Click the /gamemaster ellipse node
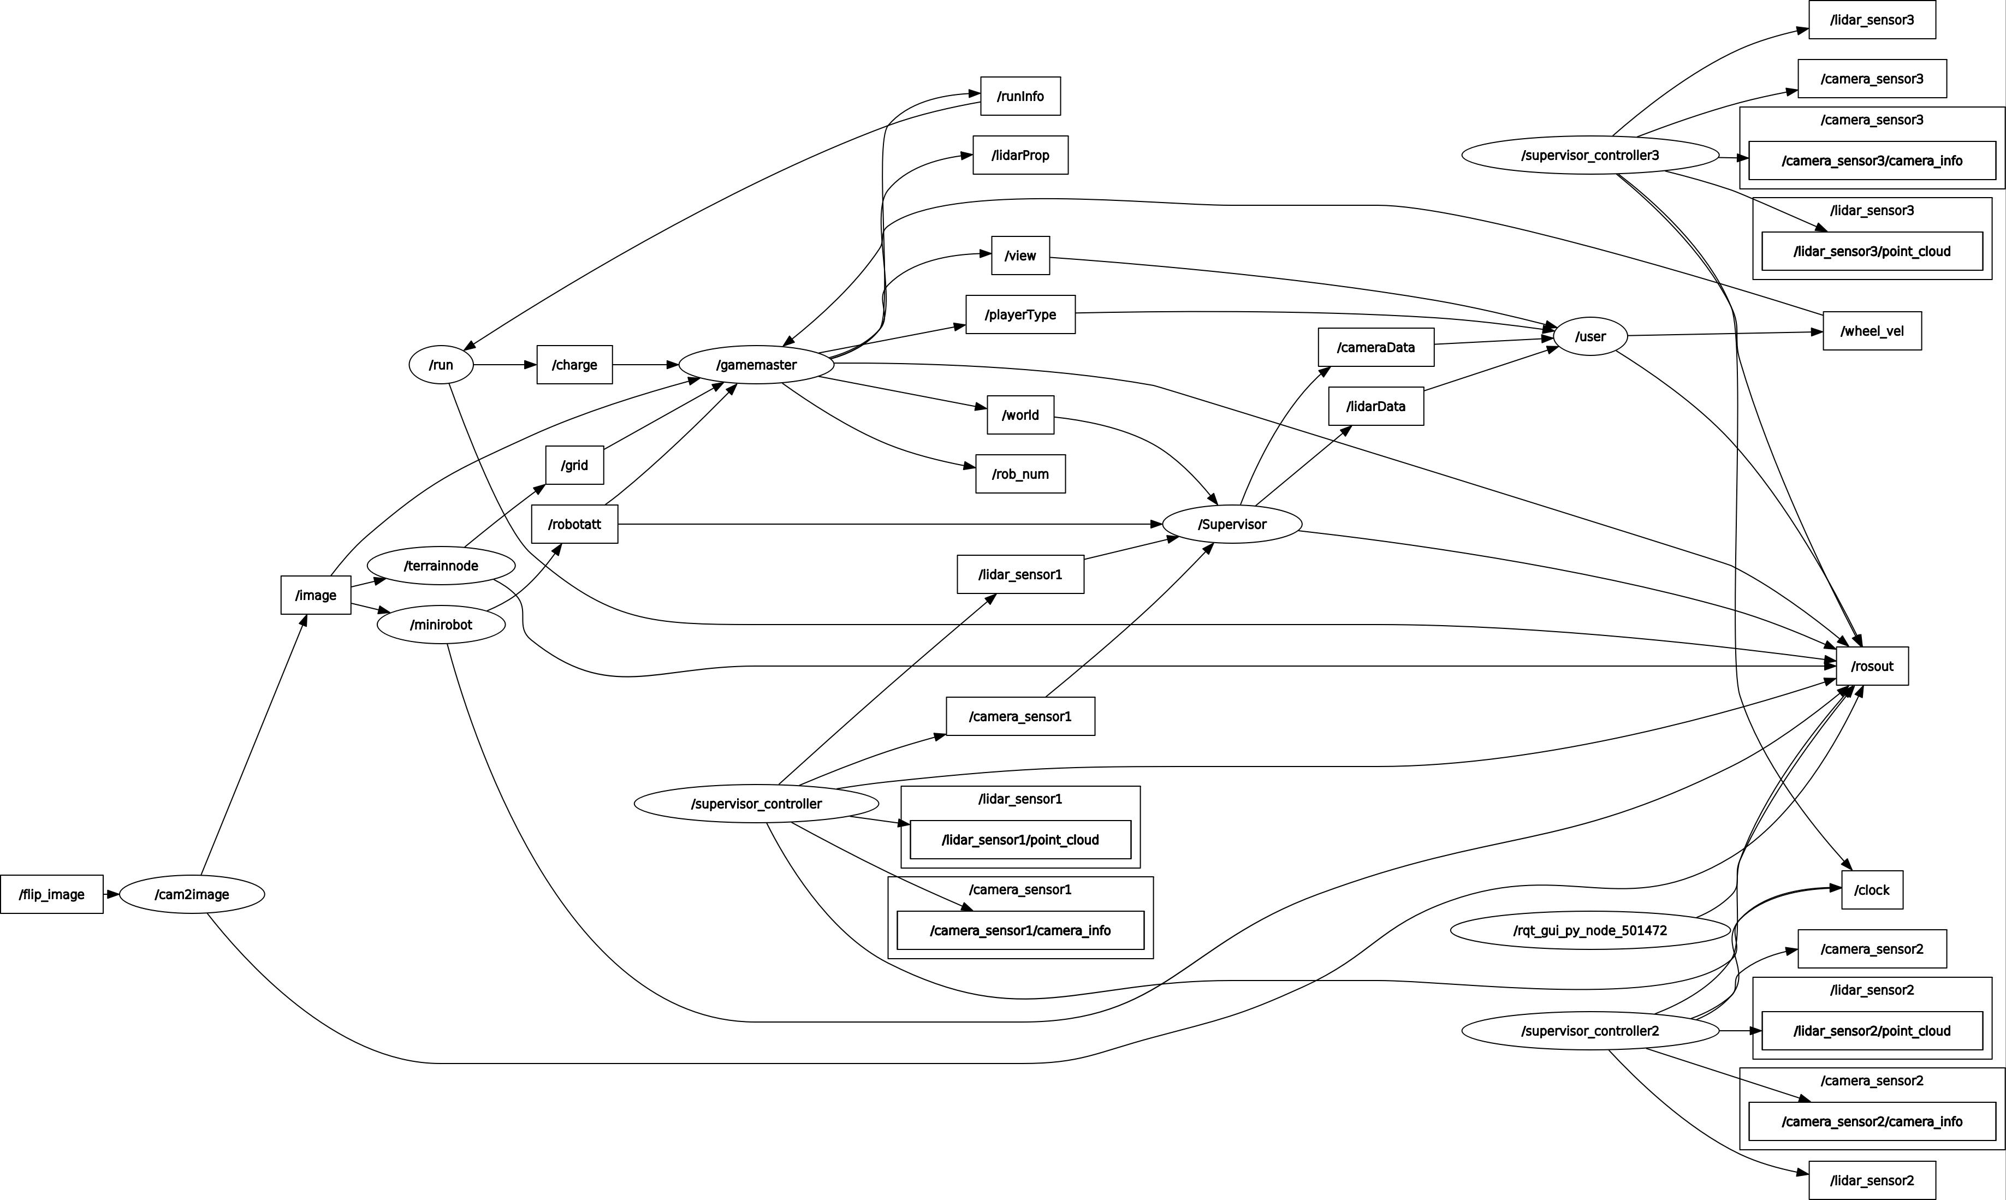click(756, 365)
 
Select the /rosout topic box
click(1872, 666)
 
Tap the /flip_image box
click(52, 894)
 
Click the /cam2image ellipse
click(192, 894)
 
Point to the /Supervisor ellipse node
click(1231, 524)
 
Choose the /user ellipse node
click(1589, 336)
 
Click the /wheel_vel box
click(1872, 331)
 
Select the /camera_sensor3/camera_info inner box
click(1872, 161)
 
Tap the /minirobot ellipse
click(441, 624)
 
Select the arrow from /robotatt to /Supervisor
click(889, 524)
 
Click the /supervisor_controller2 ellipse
click(1589, 1031)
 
